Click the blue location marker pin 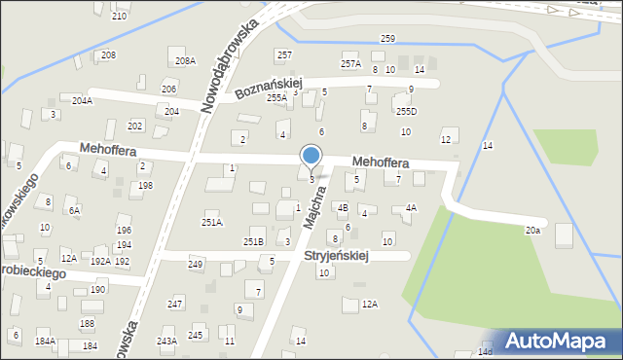311,156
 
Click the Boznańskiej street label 270,89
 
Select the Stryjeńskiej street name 335,256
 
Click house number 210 119,17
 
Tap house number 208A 185,60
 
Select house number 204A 82,100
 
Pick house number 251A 212,223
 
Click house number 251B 253,241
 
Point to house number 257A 350,64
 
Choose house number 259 387,39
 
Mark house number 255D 405,112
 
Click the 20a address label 532,231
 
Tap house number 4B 343,207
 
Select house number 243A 166,342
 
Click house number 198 145,186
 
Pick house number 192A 99,262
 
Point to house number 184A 45,342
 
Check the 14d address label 486,351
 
